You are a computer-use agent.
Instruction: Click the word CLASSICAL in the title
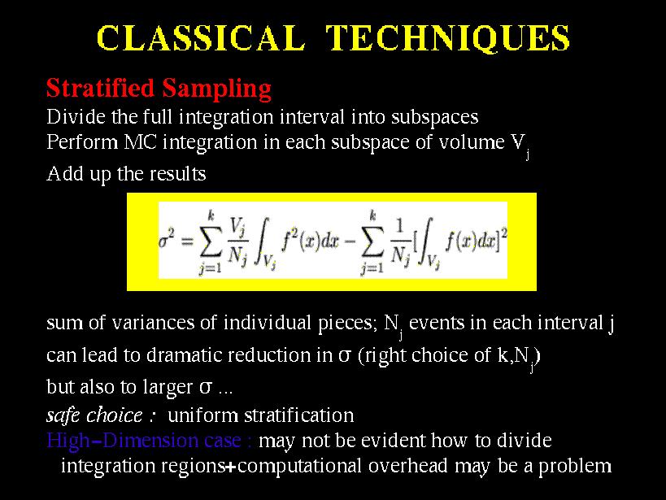pos(201,38)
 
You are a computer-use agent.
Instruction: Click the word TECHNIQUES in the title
pos(448,39)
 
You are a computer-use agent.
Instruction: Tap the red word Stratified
pos(100,88)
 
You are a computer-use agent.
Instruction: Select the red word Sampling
pos(216,89)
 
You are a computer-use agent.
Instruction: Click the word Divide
pos(76,116)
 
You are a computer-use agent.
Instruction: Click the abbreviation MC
pos(140,142)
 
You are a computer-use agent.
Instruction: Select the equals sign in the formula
pos(187,241)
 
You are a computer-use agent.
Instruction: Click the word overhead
pos(407,466)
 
